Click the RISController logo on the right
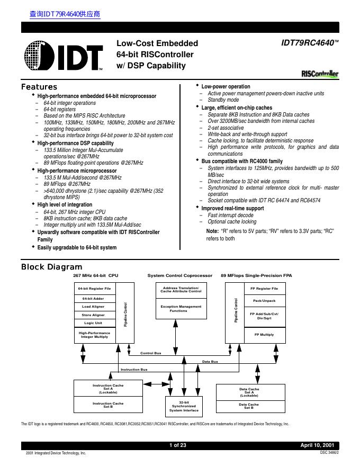pyautogui.click(x=319, y=75)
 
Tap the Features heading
pyautogui.click(x=39, y=87)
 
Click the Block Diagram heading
pyautogui.click(x=51, y=267)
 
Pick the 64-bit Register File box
pyautogui.click(x=94, y=289)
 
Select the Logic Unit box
pyautogui.click(x=93, y=323)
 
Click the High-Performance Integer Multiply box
pyautogui.click(x=94, y=335)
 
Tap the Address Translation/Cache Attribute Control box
pyautogui.click(x=181, y=289)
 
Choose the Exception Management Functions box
pyautogui.click(x=181, y=309)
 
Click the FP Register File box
pyautogui.click(x=264, y=289)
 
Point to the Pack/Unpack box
pyautogui.click(x=264, y=301)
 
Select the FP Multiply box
pyautogui.click(x=264, y=335)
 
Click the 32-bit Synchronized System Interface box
pyautogui.click(x=184, y=406)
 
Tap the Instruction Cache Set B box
pyautogui.click(x=108, y=405)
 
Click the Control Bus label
pyautogui.click(x=151, y=353)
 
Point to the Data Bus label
pyautogui.click(x=210, y=361)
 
